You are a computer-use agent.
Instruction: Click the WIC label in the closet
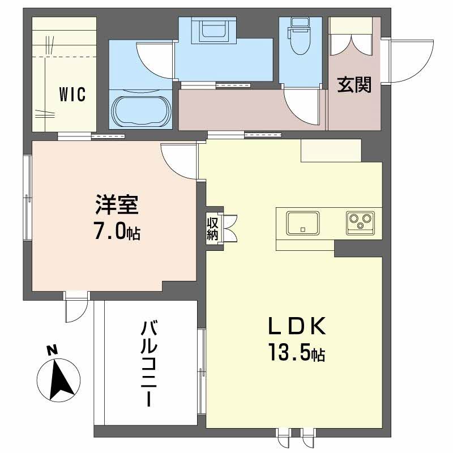(72, 95)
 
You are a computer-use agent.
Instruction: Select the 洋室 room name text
(117, 206)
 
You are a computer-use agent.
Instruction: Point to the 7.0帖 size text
(117, 233)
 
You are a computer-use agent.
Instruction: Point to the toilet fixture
(299, 36)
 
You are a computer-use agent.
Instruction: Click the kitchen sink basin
(302, 223)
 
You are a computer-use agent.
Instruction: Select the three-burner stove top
(359, 223)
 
